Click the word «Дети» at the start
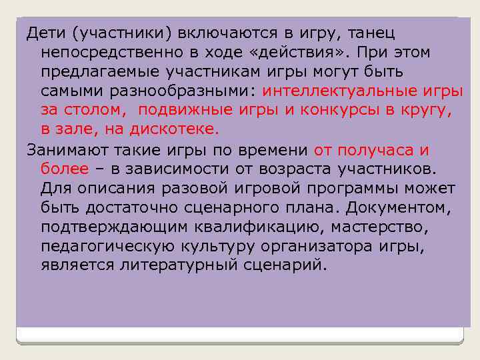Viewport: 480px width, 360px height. [43, 33]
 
